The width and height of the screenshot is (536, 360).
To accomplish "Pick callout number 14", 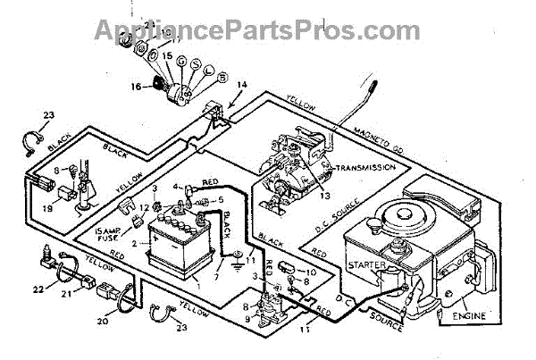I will click(241, 84).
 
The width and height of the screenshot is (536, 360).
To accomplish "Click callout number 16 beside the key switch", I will click(136, 87).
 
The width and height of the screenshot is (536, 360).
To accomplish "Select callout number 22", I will click(38, 288).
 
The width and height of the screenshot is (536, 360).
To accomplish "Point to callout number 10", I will click(312, 271).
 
